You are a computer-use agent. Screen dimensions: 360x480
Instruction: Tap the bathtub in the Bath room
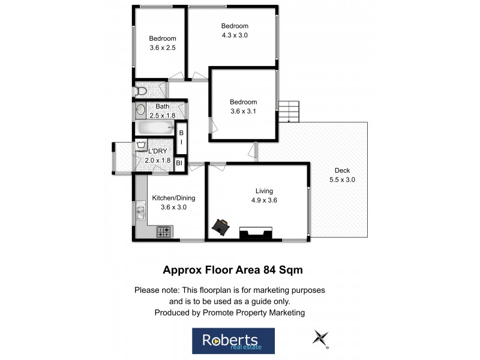[x=153, y=128]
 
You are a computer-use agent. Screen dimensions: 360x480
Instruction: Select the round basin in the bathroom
[x=140, y=110]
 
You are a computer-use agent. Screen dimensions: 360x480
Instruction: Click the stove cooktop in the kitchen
[x=164, y=231]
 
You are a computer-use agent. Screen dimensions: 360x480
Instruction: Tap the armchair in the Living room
[x=220, y=226]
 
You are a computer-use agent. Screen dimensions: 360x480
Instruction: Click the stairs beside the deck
[x=289, y=111]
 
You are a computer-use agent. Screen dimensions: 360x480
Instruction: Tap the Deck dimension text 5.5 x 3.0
[x=342, y=179]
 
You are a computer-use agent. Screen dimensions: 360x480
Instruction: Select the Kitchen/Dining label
[x=173, y=198]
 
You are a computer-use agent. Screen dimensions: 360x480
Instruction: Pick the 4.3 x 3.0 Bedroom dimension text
[x=235, y=35]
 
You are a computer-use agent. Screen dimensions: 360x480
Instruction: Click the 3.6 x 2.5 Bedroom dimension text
[x=163, y=48]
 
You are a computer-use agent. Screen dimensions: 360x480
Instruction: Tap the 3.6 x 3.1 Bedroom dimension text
[x=243, y=111]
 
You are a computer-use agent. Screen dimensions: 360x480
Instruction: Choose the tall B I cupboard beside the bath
[x=181, y=137]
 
